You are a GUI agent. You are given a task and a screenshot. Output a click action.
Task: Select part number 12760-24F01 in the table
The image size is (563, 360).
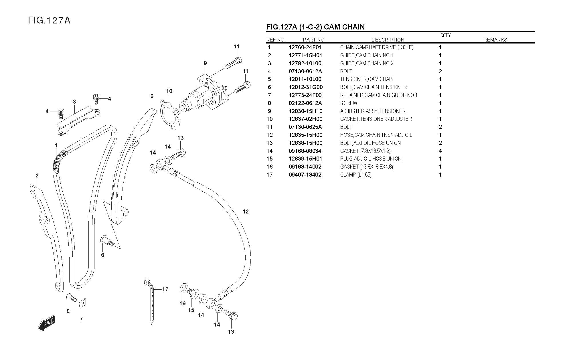tap(305, 48)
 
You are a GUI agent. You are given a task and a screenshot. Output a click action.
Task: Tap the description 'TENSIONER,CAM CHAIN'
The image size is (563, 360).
tap(367, 79)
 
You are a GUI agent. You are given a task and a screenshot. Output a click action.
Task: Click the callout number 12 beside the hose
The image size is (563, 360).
tap(245, 212)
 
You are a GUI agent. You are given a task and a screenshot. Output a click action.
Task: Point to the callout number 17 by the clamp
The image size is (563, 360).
tap(165, 289)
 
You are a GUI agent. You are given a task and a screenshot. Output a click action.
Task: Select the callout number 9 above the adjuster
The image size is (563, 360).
tap(205, 63)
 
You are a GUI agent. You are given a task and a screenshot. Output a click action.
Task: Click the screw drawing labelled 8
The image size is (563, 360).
tap(71, 298)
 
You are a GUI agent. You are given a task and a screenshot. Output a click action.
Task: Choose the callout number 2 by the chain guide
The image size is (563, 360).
tap(37, 176)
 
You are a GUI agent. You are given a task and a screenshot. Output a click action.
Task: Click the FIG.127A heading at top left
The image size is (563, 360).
tap(49, 20)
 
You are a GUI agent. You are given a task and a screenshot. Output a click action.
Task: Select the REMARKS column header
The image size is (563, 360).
tap(495, 40)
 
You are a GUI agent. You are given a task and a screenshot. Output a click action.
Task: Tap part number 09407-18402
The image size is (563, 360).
tap(305, 175)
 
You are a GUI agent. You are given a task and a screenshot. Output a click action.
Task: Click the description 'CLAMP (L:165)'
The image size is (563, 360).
tap(356, 175)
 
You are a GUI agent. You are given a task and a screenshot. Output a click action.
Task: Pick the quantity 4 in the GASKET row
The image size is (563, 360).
tap(440, 151)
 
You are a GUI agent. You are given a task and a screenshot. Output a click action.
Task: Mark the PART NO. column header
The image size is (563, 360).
tap(314, 40)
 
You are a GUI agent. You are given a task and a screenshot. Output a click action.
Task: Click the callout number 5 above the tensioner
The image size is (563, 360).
tap(152, 96)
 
